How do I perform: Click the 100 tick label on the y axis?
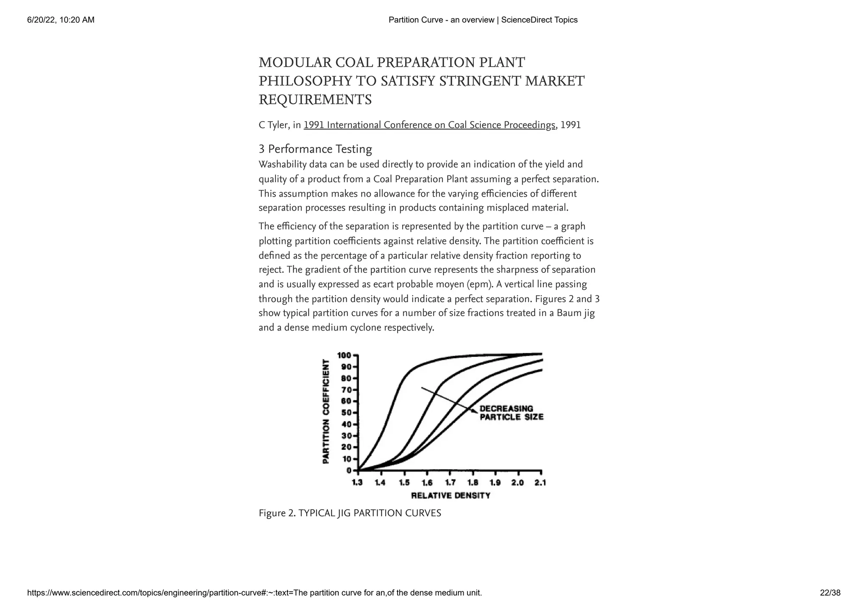point(344,355)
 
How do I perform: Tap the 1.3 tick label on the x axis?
point(357,483)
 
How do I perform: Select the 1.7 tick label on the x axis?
point(450,483)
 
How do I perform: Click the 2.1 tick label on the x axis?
point(540,483)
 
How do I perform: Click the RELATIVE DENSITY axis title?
point(451,496)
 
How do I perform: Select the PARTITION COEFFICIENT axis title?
point(326,411)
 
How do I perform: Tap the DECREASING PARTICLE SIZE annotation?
point(511,413)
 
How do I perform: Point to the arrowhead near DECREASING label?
point(473,410)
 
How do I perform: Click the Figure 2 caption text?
point(350,513)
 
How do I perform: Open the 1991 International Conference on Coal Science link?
point(429,125)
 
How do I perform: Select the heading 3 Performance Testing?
point(315,149)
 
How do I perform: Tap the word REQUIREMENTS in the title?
point(315,100)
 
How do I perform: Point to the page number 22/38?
point(830,593)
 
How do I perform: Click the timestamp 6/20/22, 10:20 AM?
point(61,20)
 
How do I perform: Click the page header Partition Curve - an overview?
point(483,20)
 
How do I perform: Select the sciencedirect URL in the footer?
point(254,593)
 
